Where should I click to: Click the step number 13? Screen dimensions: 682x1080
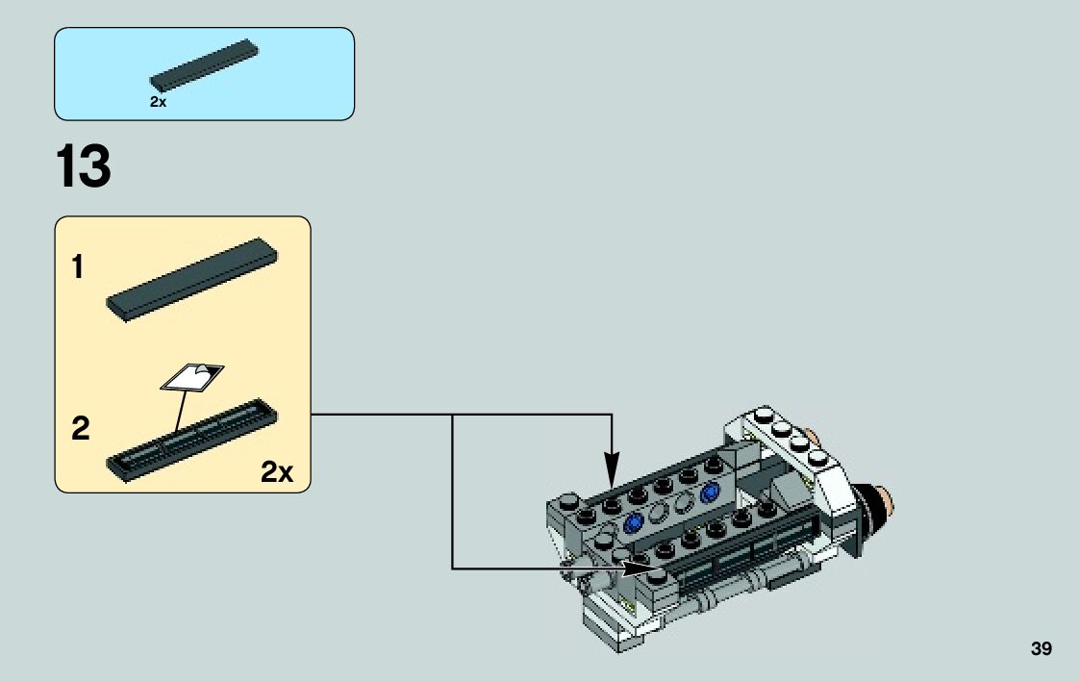(84, 167)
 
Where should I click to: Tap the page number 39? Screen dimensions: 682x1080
(1042, 649)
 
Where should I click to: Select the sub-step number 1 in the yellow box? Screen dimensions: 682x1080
(77, 268)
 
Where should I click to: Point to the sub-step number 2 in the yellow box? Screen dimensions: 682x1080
(81, 429)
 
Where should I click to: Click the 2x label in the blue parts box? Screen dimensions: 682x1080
(159, 102)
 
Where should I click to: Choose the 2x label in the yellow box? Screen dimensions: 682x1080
(276, 472)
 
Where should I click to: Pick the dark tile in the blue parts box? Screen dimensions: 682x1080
(205, 65)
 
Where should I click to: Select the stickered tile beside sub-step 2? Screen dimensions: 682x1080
(192, 439)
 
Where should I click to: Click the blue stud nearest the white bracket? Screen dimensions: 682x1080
(711, 493)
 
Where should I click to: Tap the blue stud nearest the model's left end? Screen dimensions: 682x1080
(633, 523)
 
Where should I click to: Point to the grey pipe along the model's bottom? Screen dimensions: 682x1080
(731, 598)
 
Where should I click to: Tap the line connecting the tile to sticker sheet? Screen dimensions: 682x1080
(180, 411)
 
